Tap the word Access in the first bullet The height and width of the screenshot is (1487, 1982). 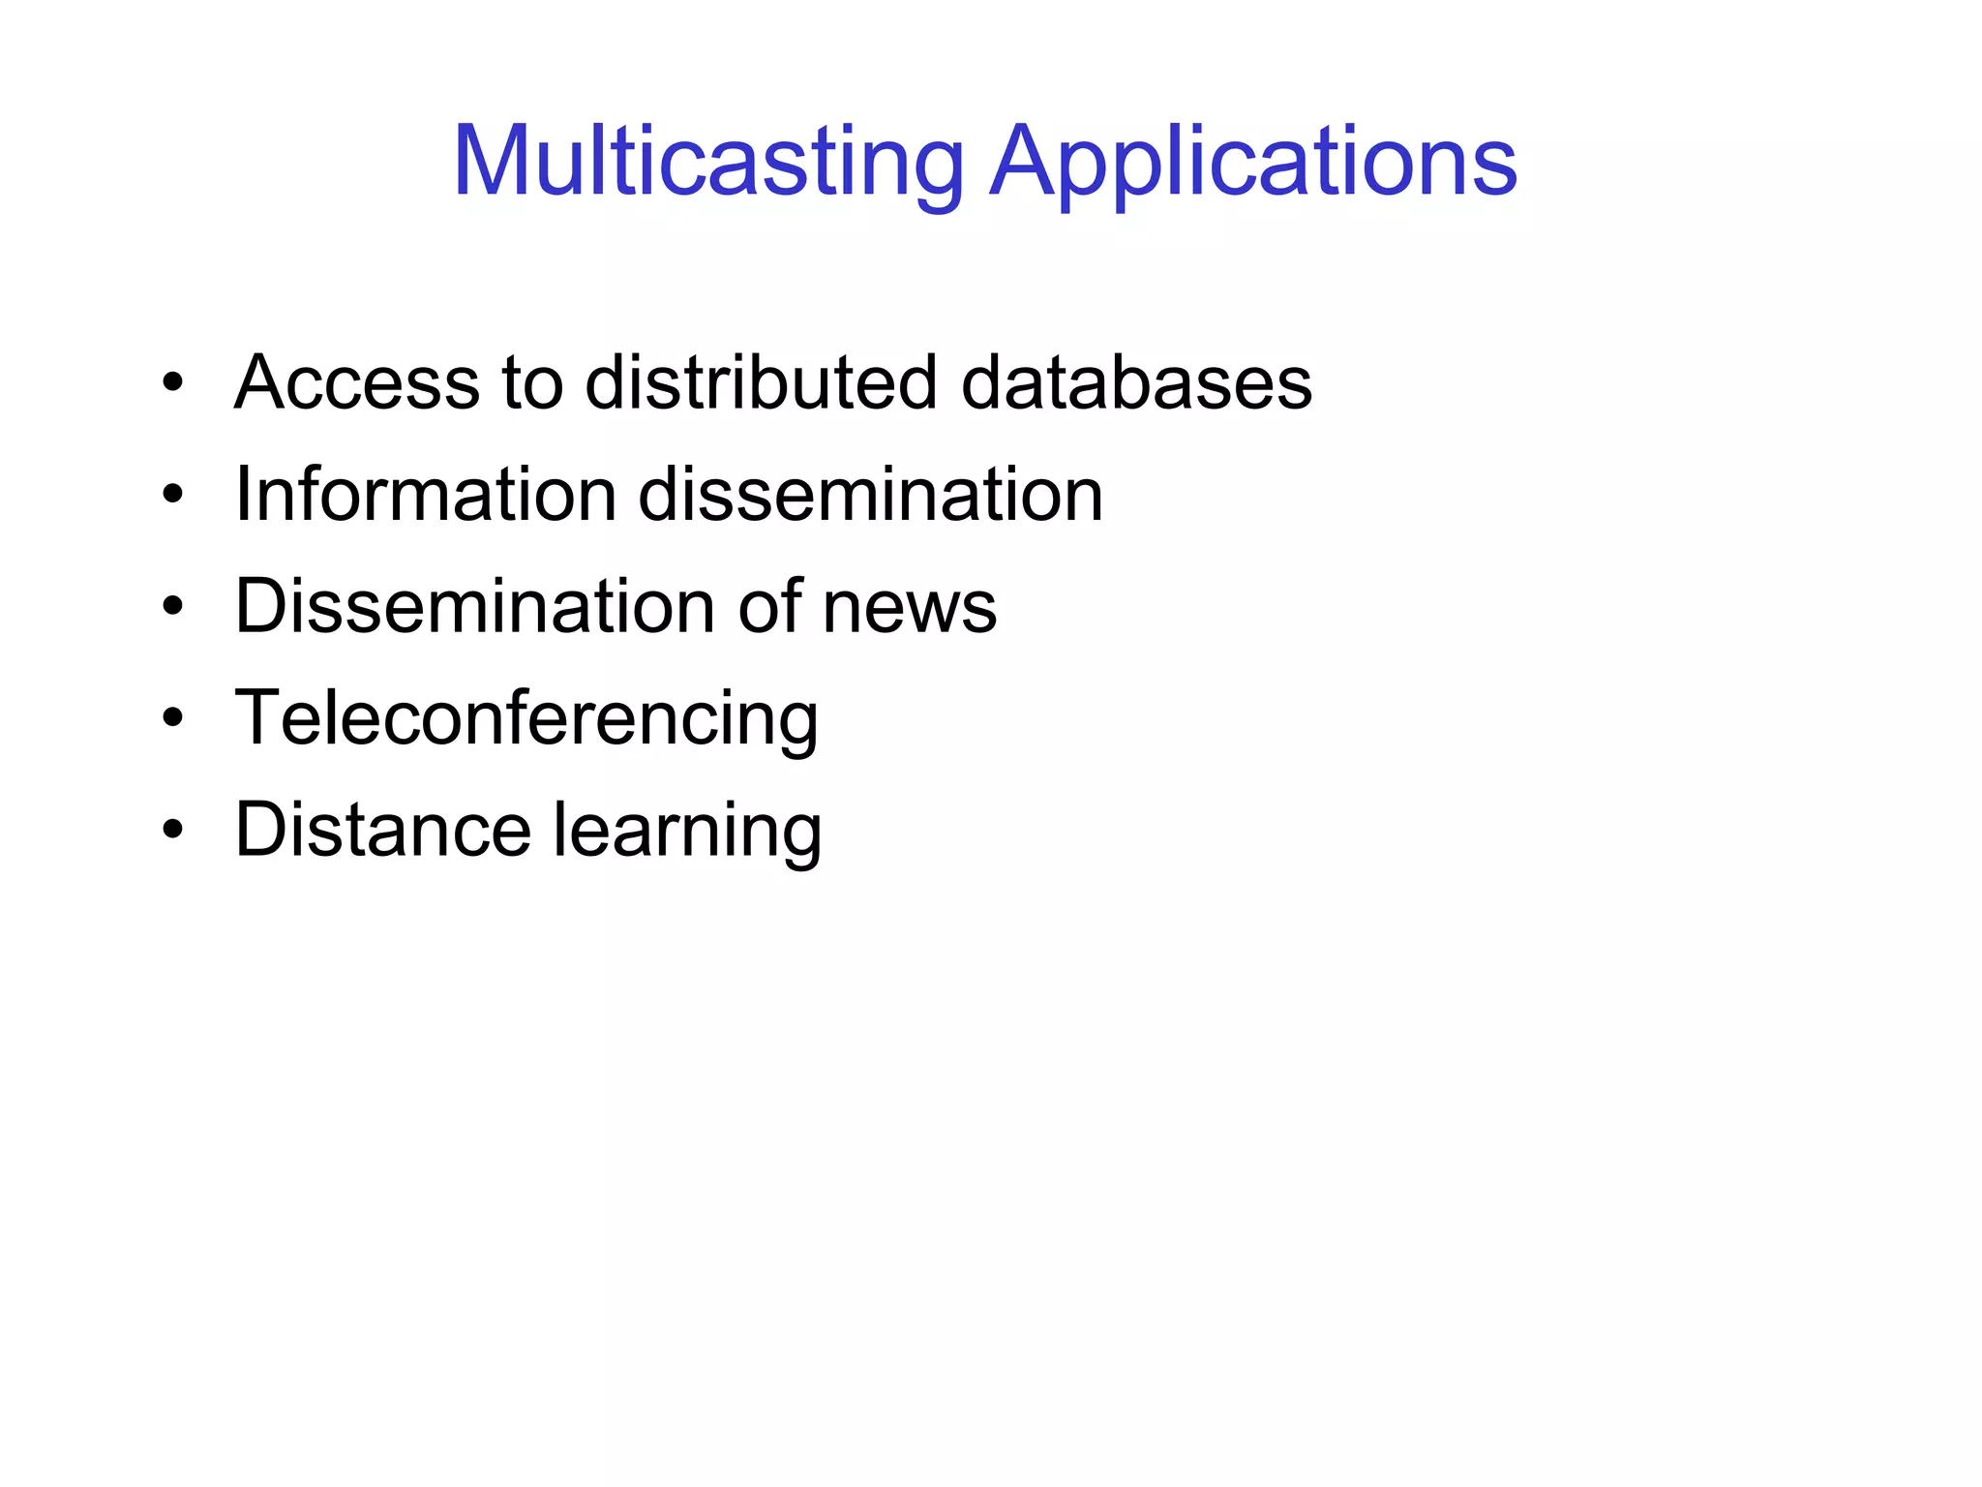pos(357,382)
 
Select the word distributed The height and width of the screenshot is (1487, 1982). pos(761,382)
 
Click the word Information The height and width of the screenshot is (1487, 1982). pos(426,495)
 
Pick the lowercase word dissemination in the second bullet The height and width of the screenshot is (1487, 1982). pos(870,495)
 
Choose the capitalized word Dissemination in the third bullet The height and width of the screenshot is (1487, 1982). pos(475,606)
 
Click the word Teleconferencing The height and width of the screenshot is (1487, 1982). pos(526,718)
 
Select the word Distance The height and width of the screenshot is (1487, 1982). pos(383,830)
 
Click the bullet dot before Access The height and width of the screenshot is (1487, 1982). pos(173,382)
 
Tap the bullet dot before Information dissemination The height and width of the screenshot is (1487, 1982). pos(173,495)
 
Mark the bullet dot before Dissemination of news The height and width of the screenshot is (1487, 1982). pos(173,607)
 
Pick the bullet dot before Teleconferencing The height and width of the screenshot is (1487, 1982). pos(173,718)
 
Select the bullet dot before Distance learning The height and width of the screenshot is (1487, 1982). pos(173,831)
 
